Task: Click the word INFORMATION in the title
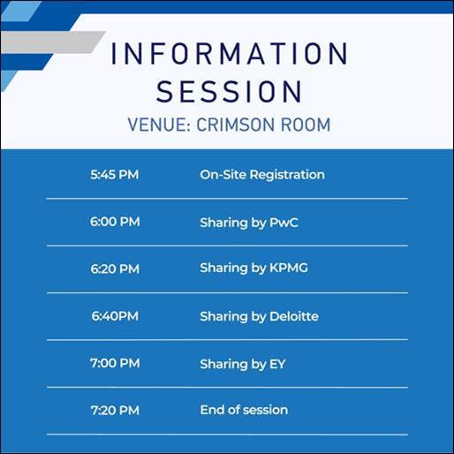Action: pyautogui.click(x=230, y=53)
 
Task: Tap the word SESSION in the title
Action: pyautogui.click(x=230, y=91)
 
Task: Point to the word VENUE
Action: pyautogui.click(x=159, y=125)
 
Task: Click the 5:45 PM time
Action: pyautogui.click(x=115, y=175)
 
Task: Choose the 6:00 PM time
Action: pyautogui.click(x=115, y=222)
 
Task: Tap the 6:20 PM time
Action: pyautogui.click(x=115, y=269)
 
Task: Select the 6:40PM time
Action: pyautogui.click(x=115, y=316)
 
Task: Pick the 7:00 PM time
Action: pyautogui.click(x=115, y=363)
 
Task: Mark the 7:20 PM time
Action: pyautogui.click(x=115, y=410)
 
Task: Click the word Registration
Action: pyautogui.click(x=287, y=176)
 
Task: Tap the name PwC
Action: pyautogui.click(x=284, y=223)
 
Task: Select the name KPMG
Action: pyautogui.click(x=289, y=268)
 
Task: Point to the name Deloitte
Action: pyautogui.click(x=294, y=316)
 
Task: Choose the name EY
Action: pyautogui.click(x=277, y=364)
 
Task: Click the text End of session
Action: pyautogui.click(x=244, y=410)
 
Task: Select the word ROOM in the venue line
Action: pyautogui.click(x=306, y=125)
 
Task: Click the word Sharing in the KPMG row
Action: pyautogui.click(x=223, y=269)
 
